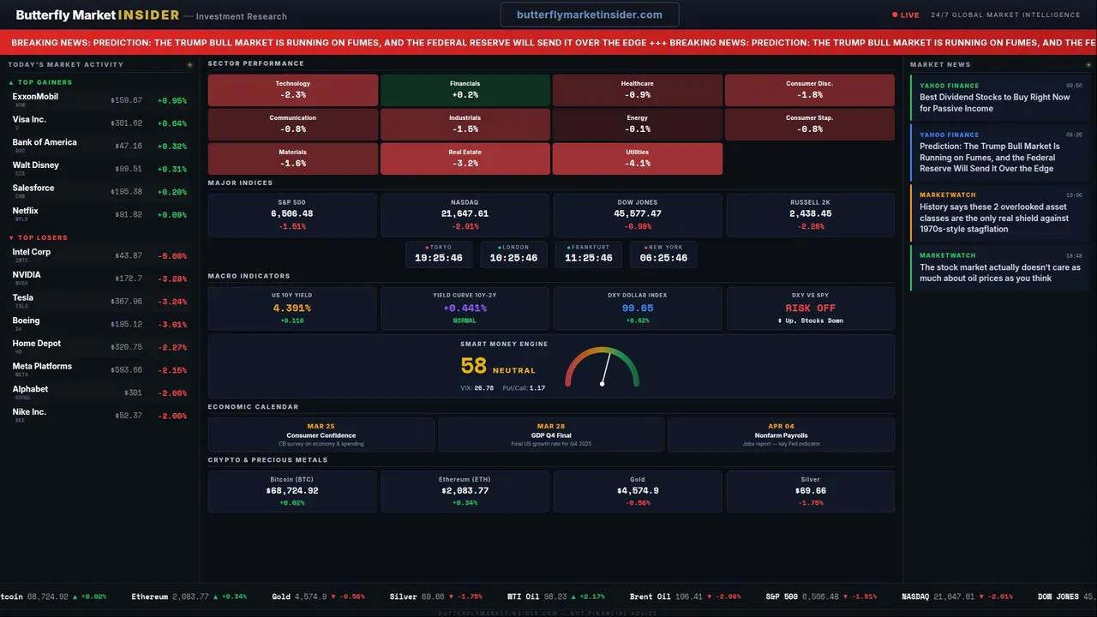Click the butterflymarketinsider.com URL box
(x=590, y=15)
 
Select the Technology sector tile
(x=293, y=90)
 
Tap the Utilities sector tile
(x=638, y=159)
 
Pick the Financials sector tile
(x=465, y=90)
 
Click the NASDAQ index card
(x=465, y=215)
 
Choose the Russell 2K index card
(x=810, y=215)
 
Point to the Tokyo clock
(x=439, y=255)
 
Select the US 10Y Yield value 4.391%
(x=292, y=308)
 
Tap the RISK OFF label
(x=810, y=308)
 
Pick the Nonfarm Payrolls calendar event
(x=781, y=434)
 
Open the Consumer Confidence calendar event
(x=321, y=434)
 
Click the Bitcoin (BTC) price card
(x=292, y=492)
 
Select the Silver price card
(x=810, y=492)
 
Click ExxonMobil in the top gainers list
(x=36, y=97)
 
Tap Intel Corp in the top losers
(x=32, y=253)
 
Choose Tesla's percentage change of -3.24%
(x=171, y=302)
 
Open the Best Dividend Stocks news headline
(x=994, y=103)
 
